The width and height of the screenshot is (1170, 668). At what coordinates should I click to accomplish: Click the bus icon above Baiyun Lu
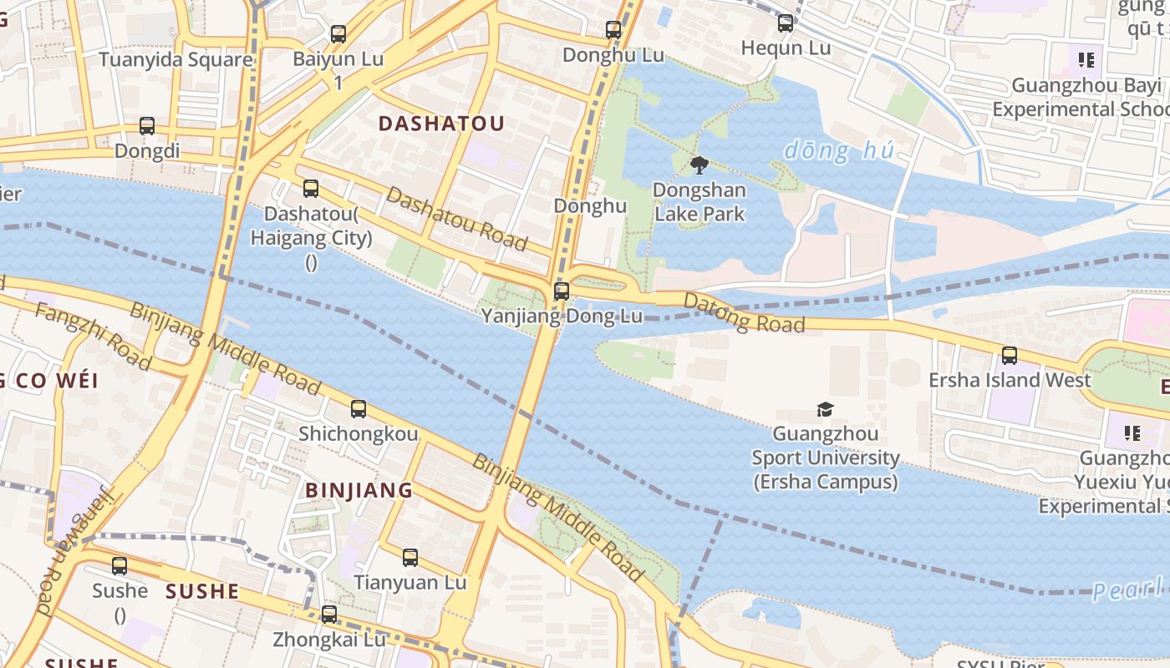point(338,34)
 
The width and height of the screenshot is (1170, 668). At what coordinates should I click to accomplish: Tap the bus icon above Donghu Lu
point(613,30)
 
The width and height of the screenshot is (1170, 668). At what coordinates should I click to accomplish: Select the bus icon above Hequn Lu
point(786,23)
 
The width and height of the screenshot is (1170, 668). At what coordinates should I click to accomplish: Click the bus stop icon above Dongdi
point(147,126)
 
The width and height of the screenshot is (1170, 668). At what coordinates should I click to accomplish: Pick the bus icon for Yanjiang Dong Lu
point(562,291)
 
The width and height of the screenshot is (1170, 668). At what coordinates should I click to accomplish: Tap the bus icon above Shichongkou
point(359,408)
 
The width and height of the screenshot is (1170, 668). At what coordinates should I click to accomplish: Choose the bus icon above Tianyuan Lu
point(409,558)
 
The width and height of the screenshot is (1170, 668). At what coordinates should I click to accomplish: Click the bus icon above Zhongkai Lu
point(329,615)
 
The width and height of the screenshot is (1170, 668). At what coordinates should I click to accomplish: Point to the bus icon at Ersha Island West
point(1010,356)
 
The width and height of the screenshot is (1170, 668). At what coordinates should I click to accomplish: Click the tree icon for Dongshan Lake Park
point(699,165)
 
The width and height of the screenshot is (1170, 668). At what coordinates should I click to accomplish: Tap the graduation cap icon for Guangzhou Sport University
point(825,409)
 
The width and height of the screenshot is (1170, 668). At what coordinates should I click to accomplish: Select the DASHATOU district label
point(441,124)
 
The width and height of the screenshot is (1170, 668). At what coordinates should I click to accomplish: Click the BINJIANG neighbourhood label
point(359,490)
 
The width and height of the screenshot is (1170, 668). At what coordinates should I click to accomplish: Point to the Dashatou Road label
point(457,219)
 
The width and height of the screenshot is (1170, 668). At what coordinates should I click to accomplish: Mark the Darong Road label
point(744,312)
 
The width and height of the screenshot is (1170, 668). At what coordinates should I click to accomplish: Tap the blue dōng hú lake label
point(839,151)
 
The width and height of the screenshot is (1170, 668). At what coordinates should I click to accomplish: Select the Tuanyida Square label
point(175,59)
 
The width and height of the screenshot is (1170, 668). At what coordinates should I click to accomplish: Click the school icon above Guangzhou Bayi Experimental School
point(1086,59)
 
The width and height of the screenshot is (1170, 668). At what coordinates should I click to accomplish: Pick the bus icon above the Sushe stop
point(120,566)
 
